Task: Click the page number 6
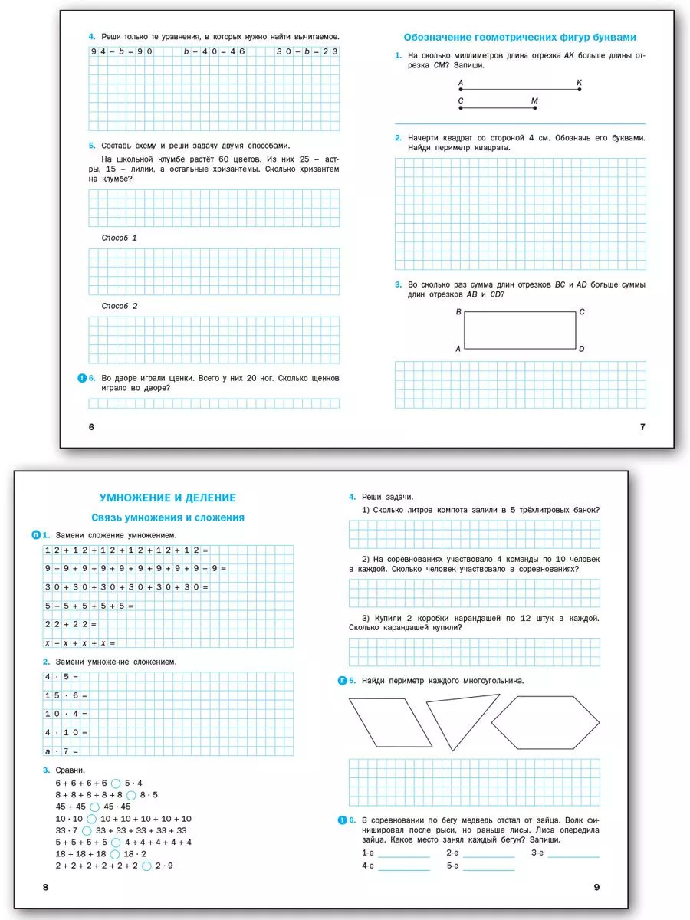coord(91,427)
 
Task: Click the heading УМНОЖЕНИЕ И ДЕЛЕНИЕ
coord(168,498)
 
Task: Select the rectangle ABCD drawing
coord(519,330)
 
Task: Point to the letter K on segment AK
coord(579,81)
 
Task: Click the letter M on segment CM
coord(534,100)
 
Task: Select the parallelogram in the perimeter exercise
coord(390,721)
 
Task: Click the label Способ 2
coord(120,306)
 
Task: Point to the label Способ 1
coord(120,238)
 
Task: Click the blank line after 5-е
coord(488,869)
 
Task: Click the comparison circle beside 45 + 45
coord(94,807)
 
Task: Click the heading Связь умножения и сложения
coord(168,517)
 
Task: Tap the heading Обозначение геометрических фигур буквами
coord(520,37)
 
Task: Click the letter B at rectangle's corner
coord(458,312)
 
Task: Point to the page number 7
coord(642,427)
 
